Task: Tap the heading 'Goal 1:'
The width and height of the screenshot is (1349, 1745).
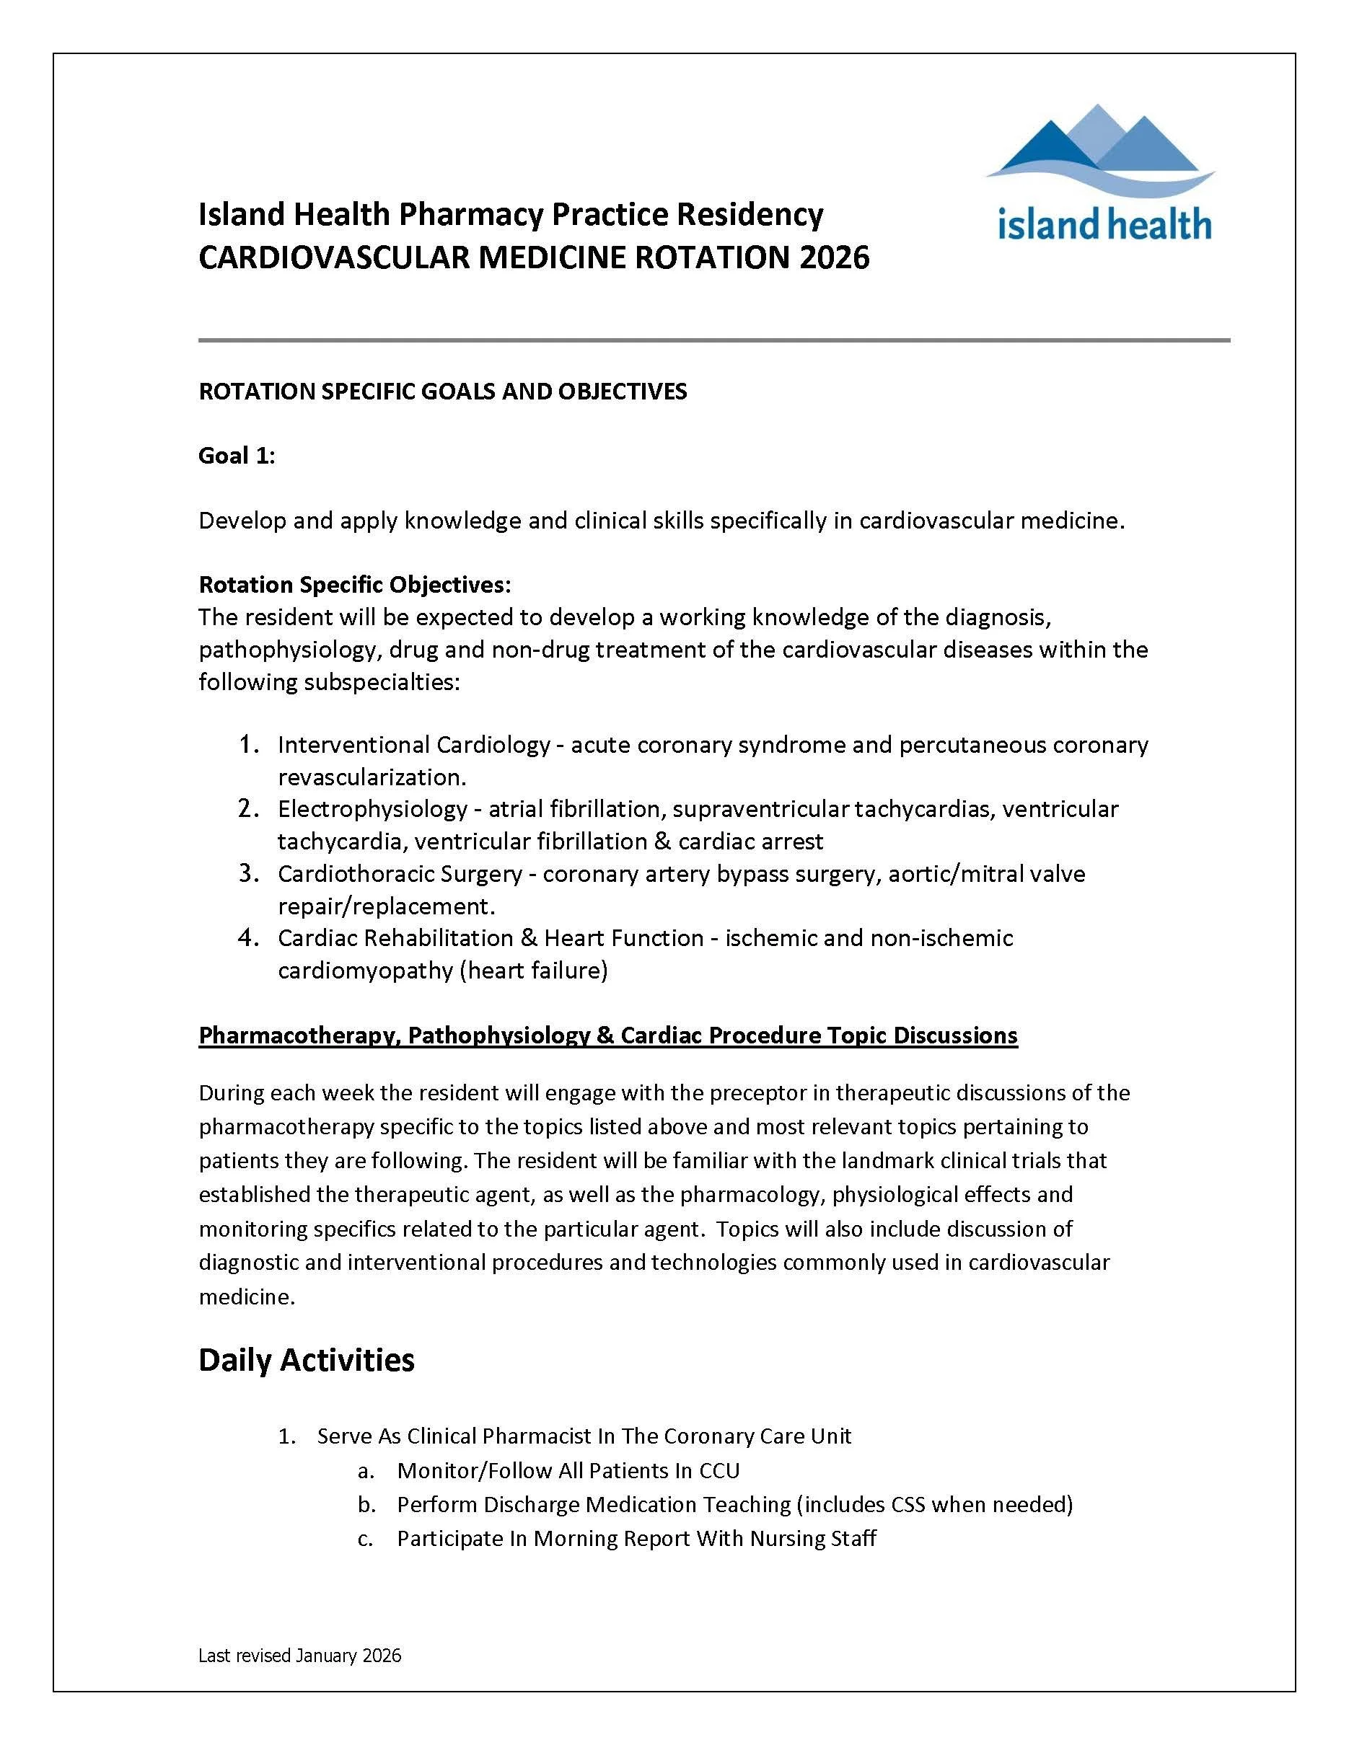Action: tap(237, 456)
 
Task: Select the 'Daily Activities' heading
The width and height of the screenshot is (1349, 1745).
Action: tap(306, 1359)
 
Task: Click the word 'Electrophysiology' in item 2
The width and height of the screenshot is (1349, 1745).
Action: tap(372, 808)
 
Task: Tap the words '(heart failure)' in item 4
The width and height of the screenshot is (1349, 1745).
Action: tap(534, 971)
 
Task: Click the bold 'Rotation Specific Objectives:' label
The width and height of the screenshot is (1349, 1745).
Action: tap(354, 585)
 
